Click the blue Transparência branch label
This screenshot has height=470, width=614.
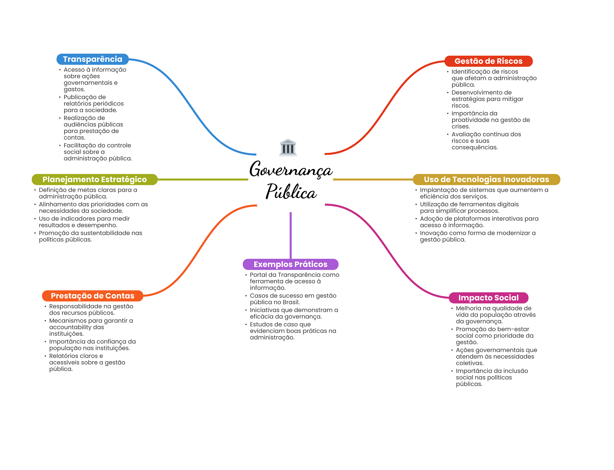click(93, 59)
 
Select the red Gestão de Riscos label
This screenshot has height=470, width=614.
click(488, 61)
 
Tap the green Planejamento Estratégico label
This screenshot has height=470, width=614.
click(95, 179)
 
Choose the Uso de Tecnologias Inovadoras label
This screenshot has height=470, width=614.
click(487, 179)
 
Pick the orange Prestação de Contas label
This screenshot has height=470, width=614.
click(93, 296)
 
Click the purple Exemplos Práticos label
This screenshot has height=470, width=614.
click(291, 265)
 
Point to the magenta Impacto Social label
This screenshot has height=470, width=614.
click(488, 298)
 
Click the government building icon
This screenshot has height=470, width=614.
click(288, 147)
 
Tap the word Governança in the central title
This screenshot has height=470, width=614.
click(291, 170)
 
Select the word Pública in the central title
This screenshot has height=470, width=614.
click(291, 191)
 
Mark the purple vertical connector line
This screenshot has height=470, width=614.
click(291, 235)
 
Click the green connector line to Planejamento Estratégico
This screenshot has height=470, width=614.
click(203, 179)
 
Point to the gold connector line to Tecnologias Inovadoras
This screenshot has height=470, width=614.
click(373, 179)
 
